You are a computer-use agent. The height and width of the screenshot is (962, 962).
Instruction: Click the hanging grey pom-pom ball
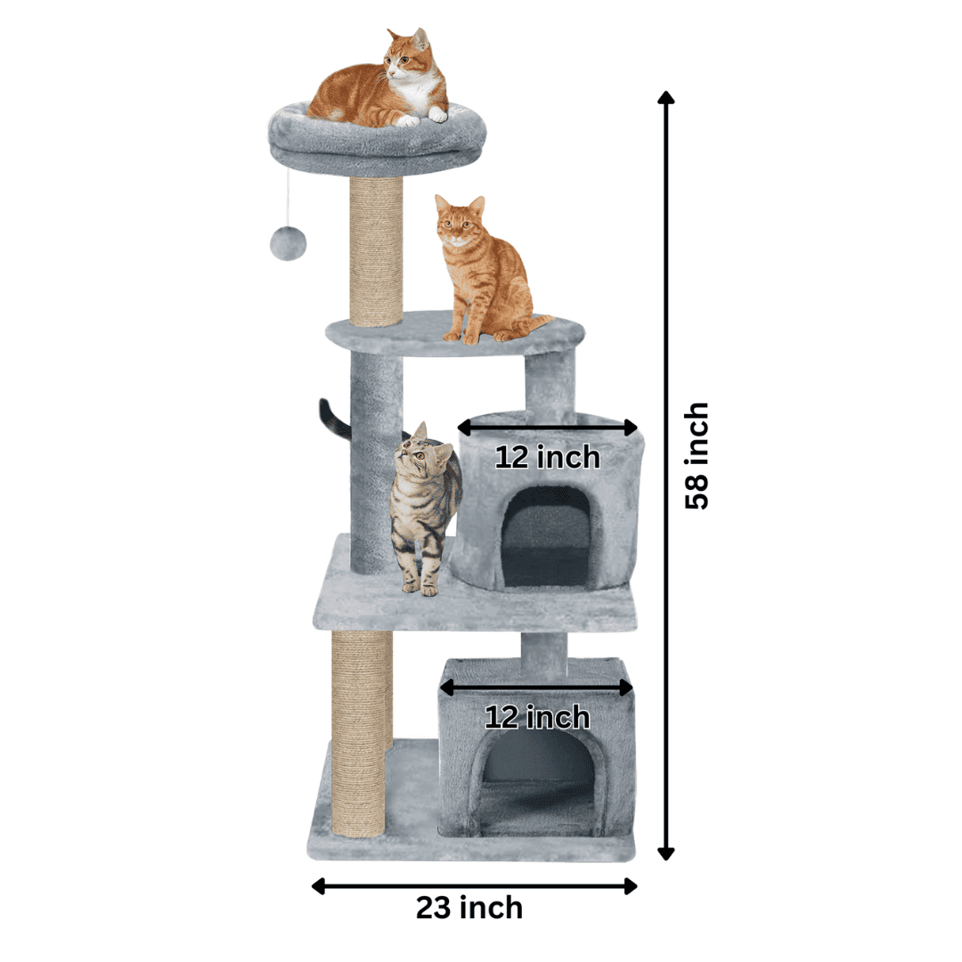(288, 244)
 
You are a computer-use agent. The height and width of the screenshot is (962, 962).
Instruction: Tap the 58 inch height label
(697, 456)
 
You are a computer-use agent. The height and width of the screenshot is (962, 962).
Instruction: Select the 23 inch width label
(469, 908)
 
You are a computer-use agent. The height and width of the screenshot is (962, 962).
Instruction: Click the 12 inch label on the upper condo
(547, 457)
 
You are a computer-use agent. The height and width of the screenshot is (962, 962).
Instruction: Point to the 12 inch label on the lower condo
(537, 716)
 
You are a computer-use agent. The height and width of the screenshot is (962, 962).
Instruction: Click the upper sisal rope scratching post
(376, 251)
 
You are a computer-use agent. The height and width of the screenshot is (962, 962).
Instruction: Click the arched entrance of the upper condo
(547, 537)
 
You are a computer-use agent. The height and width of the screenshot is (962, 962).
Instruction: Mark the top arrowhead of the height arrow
(665, 98)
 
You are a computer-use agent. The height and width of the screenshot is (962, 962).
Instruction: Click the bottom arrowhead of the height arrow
(665, 852)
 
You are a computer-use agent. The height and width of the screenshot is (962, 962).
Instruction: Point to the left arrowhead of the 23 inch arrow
(318, 886)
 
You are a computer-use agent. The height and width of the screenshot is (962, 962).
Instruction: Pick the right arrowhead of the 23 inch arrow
(630, 886)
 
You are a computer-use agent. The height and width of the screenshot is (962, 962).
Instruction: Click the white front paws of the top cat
(423, 117)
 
